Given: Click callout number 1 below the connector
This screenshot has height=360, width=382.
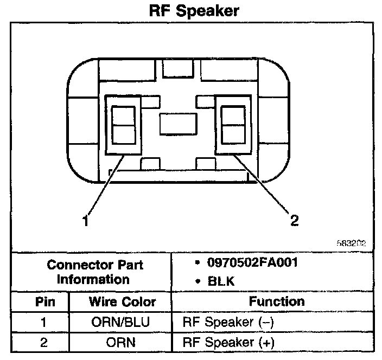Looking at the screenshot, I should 85,220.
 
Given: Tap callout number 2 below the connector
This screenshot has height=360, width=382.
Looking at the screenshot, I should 294,220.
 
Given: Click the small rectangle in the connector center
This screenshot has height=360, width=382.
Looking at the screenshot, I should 177,124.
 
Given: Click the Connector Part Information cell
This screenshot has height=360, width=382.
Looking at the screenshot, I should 95,273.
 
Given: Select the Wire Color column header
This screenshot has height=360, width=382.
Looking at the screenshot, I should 122,301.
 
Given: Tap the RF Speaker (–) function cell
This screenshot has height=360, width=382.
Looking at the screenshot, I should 229,322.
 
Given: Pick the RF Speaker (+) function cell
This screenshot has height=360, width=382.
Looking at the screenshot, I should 229,342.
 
